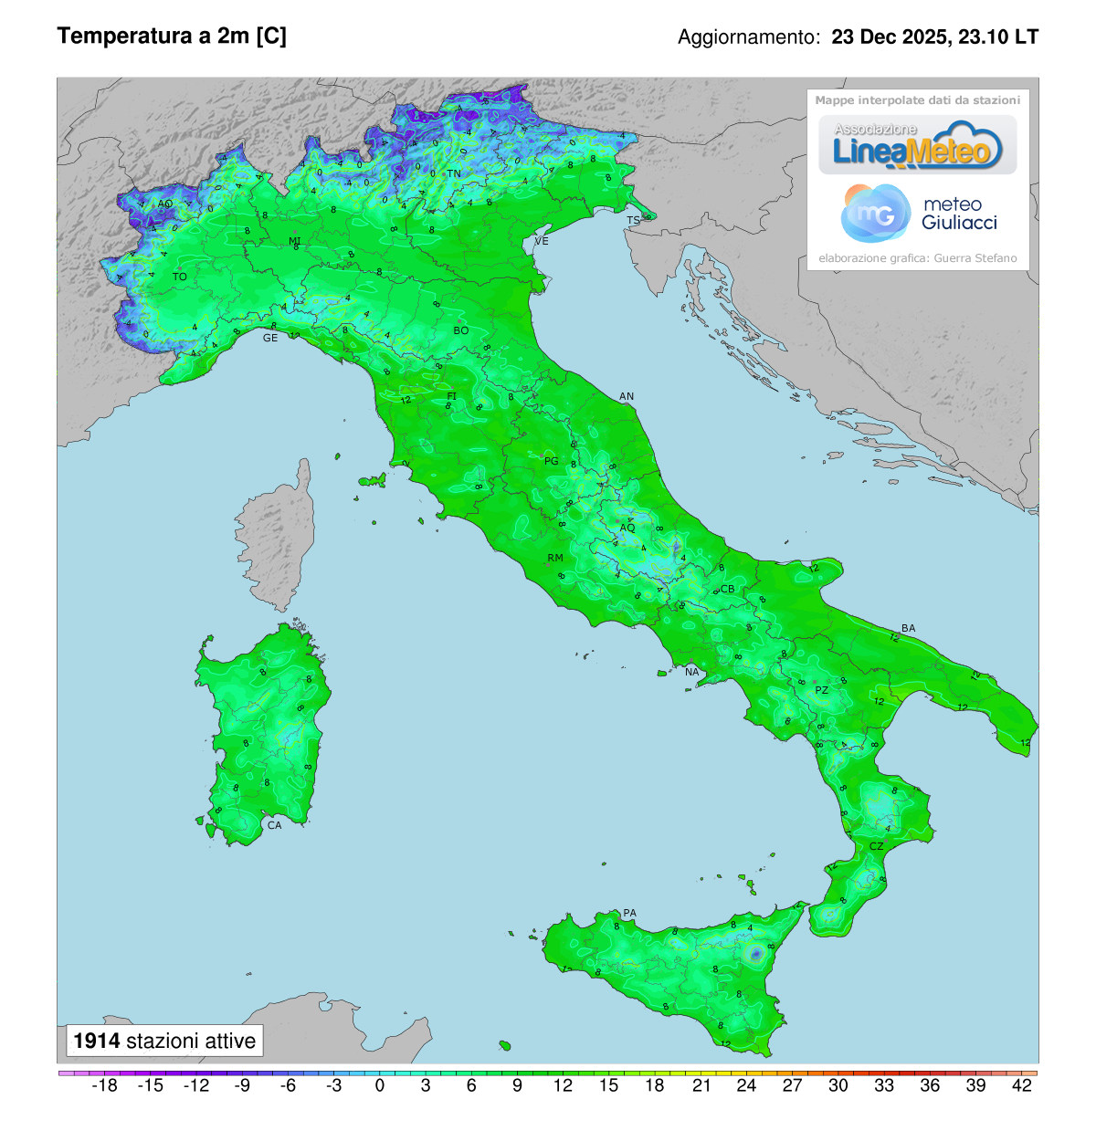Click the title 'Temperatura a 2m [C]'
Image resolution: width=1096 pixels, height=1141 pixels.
pyautogui.click(x=172, y=37)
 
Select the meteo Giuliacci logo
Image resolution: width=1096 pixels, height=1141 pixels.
pyautogui.click(x=918, y=214)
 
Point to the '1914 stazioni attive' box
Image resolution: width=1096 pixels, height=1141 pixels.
pyautogui.click(x=164, y=1041)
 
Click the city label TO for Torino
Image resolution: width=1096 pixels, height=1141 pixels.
pyautogui.click(x=180, y=277)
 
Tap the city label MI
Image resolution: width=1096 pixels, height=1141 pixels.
pyautogui.click(x=295, y=242)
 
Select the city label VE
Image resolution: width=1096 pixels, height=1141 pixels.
pyautogui.click(x=542, y=241)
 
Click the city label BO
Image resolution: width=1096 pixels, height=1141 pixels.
pyautogui.click(x=461, y=330)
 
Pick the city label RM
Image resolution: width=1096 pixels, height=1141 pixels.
pyautogui.click(x=555, y=558)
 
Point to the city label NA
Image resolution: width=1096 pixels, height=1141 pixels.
pyautogui.click(x=692, y=673)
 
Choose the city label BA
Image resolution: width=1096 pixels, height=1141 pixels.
pyautogui.click(x=908, y=628)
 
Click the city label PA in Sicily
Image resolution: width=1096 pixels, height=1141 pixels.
pyautogui.click(x=629, y=913)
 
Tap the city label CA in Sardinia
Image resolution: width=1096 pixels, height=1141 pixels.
pyautogui.click(x=274, y=825)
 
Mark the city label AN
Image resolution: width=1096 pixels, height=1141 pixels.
pyautogui.click(x=627, y=396)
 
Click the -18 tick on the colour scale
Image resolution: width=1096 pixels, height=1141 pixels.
pyautogui.click(x=105, y=1085)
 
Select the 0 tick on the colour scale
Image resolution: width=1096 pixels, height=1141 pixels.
pyautogui.click(x=380, y=1085)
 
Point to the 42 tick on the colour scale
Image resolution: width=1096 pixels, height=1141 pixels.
pyautogui.click(x=1022, y=1085)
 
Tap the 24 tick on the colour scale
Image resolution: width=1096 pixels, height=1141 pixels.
pyautogui.click(x=746, y=1085)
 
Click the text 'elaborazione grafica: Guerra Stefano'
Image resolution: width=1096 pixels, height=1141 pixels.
pyautogui.click(x=917, y=258)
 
